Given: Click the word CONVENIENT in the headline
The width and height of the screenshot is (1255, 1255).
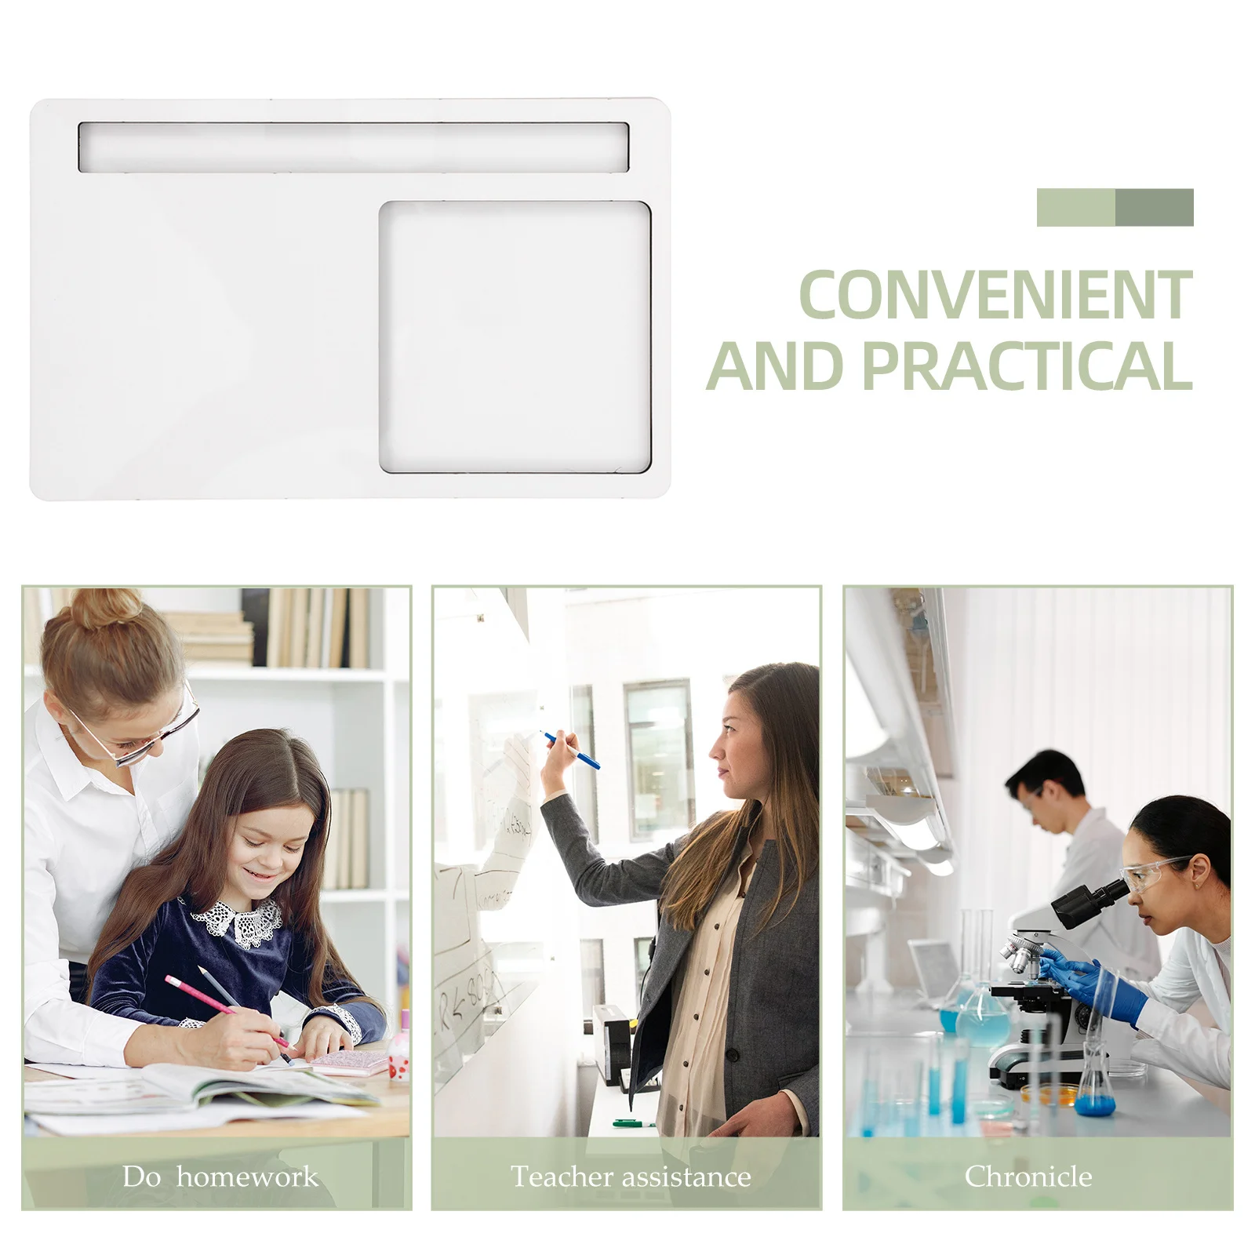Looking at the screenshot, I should [x=995, y=295].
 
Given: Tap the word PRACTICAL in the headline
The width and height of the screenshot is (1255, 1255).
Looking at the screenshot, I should [x=1028, y=366].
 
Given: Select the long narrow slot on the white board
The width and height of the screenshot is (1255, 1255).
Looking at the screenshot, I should [x=353, y=147].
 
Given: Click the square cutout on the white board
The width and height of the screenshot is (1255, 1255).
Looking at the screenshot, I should [x=515, y=337].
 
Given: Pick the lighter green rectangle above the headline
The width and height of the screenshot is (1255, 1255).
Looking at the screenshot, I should [x=1075, y=207].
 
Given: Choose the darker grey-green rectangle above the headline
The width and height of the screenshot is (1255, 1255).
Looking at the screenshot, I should [x=1154, y=207].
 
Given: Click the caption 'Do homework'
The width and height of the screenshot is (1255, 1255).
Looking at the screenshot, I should [x=220, y=1177].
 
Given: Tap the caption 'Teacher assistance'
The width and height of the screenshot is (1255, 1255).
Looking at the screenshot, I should [x=631, y=1177].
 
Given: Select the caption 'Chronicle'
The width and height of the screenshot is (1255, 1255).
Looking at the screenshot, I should [x=1028, y=1177].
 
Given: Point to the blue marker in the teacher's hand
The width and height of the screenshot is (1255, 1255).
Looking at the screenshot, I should [x=573, y=751].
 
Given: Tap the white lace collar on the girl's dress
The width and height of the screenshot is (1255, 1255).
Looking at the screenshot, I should [x=238, y=921].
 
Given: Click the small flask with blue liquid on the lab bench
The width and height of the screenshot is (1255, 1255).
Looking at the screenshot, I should [x=1095, y=1090].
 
